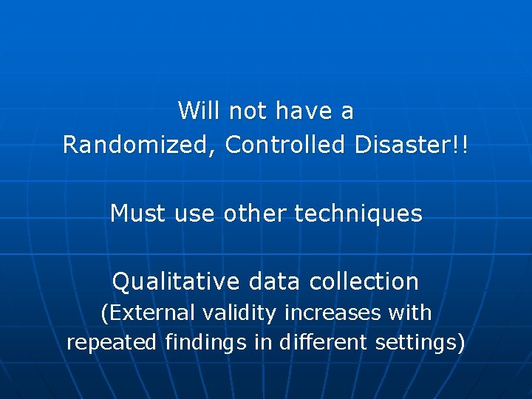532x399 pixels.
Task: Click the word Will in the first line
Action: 200,112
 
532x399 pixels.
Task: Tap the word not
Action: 248,112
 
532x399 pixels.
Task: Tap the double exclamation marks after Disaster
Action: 461,146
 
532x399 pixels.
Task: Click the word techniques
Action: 358,214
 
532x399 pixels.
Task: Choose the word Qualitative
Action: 175,282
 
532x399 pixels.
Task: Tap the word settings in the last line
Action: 419,344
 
